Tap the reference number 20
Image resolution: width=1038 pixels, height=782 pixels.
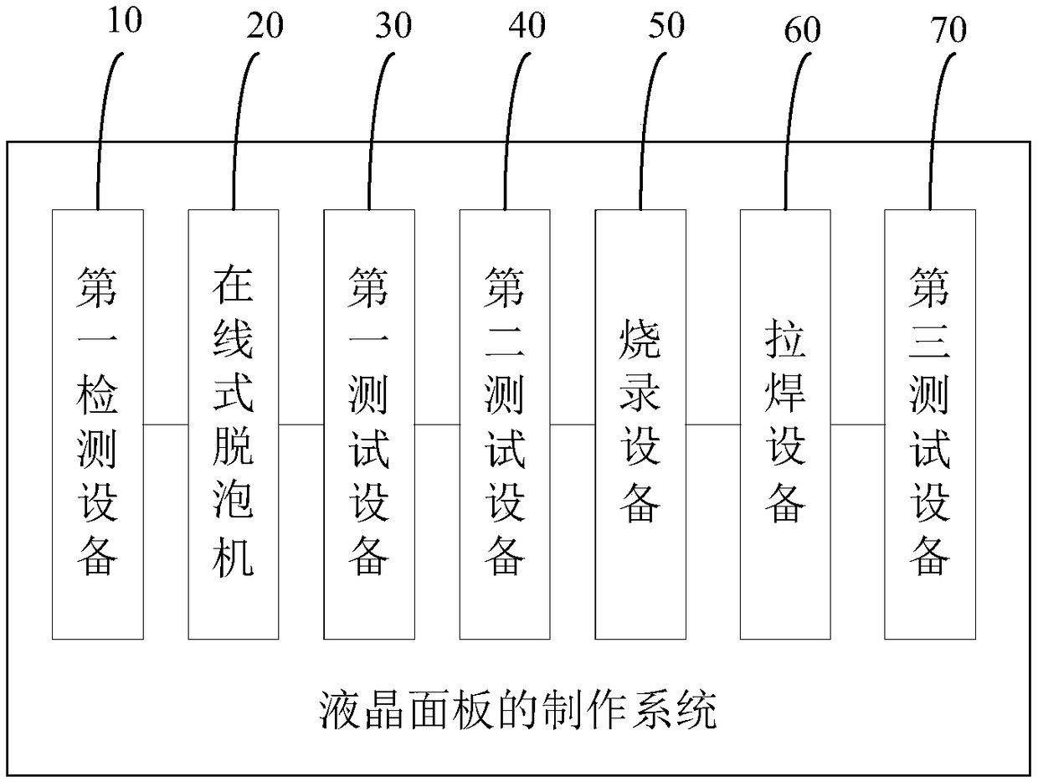pyautogui.click(x=265, y=26)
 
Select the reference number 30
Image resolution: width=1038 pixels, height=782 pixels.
pyautogui.click(x=394, y=26)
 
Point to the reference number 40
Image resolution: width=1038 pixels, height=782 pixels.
pyautogui.click(x=527, y=26)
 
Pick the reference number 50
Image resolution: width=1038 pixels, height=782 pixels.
pyautogui.click(x=665, y=26)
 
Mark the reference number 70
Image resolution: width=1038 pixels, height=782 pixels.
pyautogui.click(x=948, y=30)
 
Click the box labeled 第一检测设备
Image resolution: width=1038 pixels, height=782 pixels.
pyautogui.click(x=98, y=423)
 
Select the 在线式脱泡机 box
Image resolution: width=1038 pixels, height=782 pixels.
pyautogui.click(x=234, y=423)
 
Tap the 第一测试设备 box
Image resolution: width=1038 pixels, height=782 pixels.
pyautogui.click(x=369, y=423)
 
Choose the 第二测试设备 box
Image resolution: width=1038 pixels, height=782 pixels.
pyautogui.click(x=505, y=423)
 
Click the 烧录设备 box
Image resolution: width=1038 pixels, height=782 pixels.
pyautogui.click(x=640, y=423)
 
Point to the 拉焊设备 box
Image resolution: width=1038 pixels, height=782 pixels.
pyautogui.click(x=785, y=423)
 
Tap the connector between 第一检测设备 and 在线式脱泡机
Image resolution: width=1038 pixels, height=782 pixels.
pyautogui.click(x=166, y=424)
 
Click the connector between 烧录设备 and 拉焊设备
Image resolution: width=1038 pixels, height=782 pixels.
pyautogui.click(x=713, y=424)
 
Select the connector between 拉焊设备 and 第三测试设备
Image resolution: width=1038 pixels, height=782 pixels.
pyautogui.click(x=857, y=424)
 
